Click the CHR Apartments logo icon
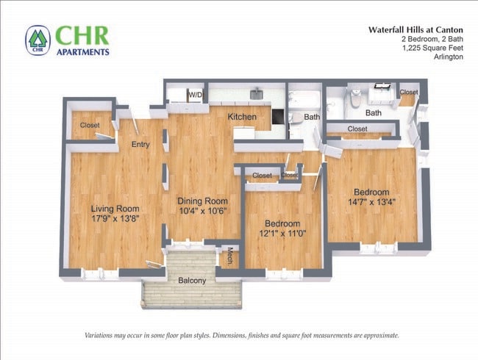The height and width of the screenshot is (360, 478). [38, 40]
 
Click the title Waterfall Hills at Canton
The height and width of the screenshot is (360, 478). [415, 30]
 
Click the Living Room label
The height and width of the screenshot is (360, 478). [115, 208]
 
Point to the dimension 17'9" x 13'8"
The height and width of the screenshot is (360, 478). [115, 218]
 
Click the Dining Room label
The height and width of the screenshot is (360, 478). [202, 201]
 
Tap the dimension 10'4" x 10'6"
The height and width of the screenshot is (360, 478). [202, 211]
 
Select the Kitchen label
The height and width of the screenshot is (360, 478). [241, 117]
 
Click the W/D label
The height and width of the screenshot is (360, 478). [196, 96]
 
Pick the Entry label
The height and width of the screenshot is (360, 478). [140, 145]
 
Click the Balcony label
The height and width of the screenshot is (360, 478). [192, 281]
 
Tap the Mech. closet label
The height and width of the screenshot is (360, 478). [229, 256]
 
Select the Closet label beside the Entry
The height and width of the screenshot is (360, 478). [90, 126]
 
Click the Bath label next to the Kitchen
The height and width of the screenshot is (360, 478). [312, 117]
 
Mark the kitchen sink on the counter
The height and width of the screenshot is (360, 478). [257, 95]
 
